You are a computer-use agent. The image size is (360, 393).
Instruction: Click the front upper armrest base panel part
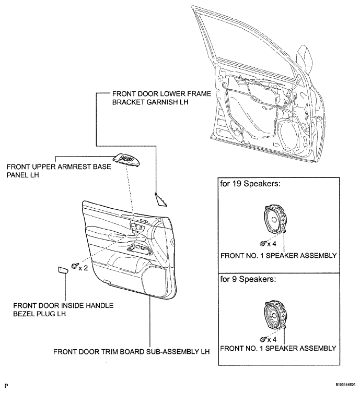(x=126, y=160)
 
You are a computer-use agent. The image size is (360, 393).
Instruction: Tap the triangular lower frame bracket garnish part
(x=159, y=200)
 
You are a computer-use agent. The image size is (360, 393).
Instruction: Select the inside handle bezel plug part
(x=62, y=270)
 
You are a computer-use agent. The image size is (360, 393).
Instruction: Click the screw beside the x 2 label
(x=75, y=266)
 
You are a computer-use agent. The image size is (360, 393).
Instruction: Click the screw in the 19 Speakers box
(x=263, y=243)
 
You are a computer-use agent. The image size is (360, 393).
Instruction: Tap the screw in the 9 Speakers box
(x=263, y=339)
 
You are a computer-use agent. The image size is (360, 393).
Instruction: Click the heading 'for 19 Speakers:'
(x=250, y=184)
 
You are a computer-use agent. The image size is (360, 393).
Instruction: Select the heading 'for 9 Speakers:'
(x=248, y=279)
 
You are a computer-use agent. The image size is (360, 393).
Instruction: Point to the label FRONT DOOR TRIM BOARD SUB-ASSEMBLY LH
(x=132, y=352)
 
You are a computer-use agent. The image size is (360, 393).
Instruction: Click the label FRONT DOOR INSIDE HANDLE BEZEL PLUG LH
(x=63, y=309)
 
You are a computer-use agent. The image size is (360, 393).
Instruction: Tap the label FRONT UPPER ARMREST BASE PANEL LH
(x=59, y=171)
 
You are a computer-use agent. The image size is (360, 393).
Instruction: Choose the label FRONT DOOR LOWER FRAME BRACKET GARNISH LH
(x=161, y=98)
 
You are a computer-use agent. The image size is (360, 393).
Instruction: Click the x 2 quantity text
(x=84, y=268)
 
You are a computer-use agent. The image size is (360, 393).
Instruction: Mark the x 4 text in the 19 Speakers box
(x=272, y=244)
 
